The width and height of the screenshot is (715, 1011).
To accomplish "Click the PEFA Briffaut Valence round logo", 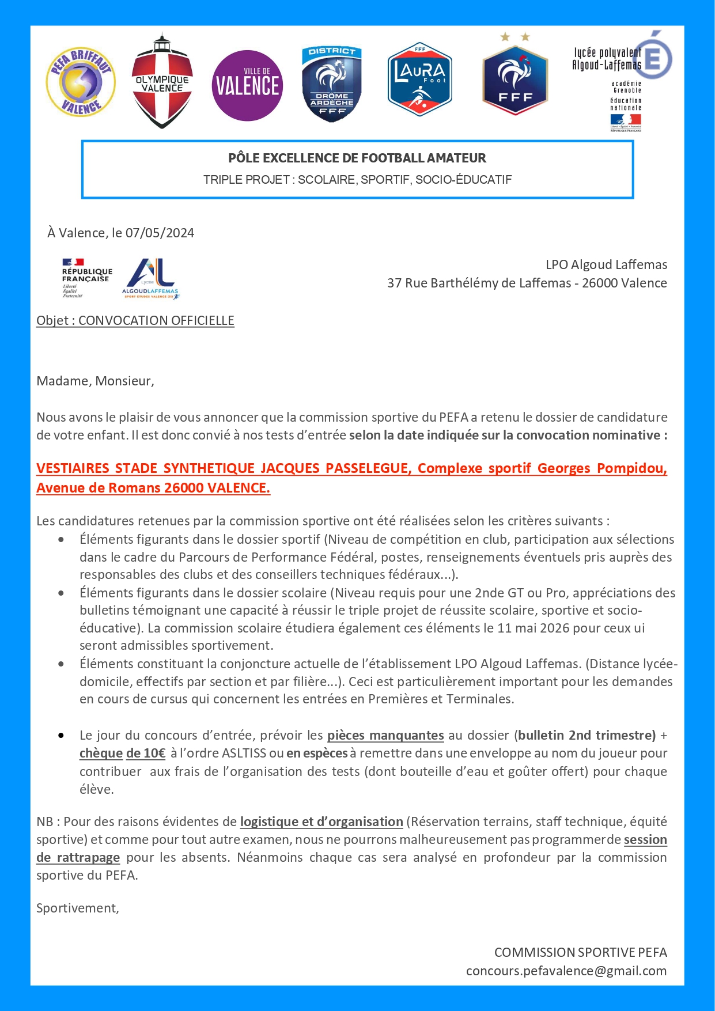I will pyautogui.click(x=81, y=82).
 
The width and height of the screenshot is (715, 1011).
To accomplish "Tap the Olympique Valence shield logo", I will pyautogui.click(x=162, y=82).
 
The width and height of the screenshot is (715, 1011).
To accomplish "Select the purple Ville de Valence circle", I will pyautogui.click(x=247, y=85).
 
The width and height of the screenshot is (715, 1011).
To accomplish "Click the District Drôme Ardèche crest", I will pyautogui.click(x=332, y=84).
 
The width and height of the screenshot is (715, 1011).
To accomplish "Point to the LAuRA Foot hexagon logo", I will pyautogui.click(x=419, y=79).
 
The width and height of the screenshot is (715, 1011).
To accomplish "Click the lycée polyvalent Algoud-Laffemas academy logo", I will pyautogui.click(x=622, y=81).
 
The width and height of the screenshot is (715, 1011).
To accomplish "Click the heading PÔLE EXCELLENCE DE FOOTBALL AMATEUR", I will pyautogui.click(x=357, y=158).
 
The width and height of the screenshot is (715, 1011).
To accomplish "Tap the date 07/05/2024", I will pyautogui.click(x=160, y=233).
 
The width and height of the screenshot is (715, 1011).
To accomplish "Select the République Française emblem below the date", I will pyautogui.click(x=86, y=278).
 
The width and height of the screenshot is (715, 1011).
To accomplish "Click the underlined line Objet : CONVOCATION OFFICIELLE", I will pyautogui.click(x=135, y=320).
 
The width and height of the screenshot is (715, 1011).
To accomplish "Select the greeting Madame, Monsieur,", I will pyautogui.click(x=95, y=381).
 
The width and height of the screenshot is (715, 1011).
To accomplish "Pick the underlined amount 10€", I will pyautogui.click(x=154, y=753).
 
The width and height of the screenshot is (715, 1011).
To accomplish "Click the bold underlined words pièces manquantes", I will pyautogui.click(x=385, y=735).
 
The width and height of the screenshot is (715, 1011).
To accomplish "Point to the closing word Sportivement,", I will pyautogui.click(x=78, y=908).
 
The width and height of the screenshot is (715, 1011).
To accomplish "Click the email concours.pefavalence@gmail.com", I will pyautogui.click(x=566, y=971).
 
